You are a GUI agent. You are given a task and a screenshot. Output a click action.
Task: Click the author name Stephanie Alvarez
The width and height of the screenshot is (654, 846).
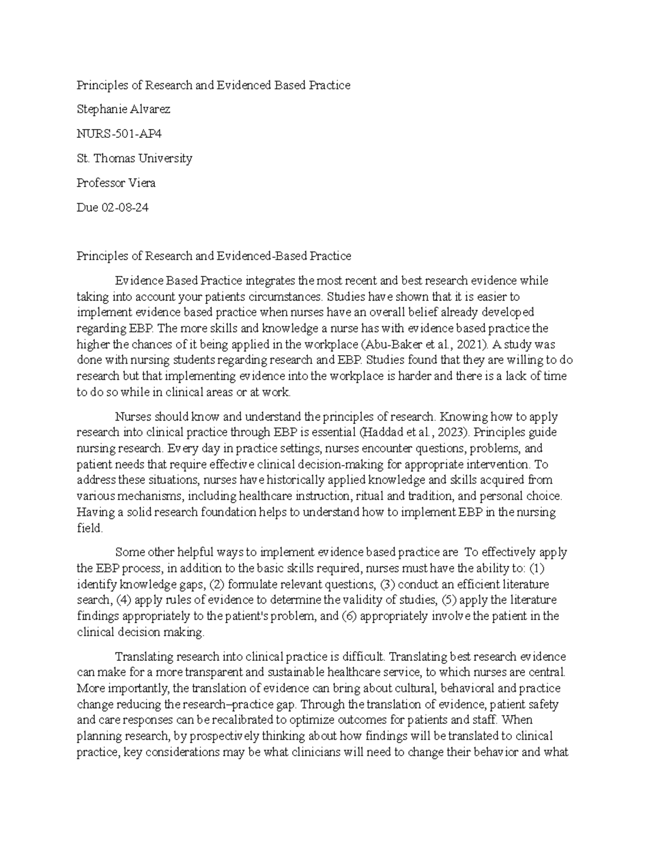123,109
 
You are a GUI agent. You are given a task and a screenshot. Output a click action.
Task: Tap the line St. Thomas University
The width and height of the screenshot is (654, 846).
134,159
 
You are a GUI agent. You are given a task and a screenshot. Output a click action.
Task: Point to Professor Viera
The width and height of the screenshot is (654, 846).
116,183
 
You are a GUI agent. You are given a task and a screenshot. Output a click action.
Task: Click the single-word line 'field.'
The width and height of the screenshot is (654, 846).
89,528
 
